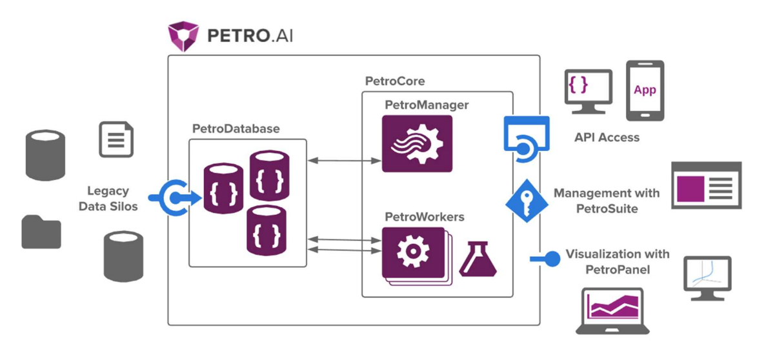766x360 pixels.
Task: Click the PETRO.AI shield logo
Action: [183, 36]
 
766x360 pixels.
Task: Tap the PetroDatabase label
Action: [236, 128]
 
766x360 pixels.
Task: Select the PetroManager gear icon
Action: [417, 144]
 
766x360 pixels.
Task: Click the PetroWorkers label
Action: [424, 217]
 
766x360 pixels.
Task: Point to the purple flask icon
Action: [478, 259]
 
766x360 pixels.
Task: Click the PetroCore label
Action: [394, 81]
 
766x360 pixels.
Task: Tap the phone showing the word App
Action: [645, 90]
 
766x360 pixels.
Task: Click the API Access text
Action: [607, 137]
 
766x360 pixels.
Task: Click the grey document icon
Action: [116, 139]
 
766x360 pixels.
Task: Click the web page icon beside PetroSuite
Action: [707, 185]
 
